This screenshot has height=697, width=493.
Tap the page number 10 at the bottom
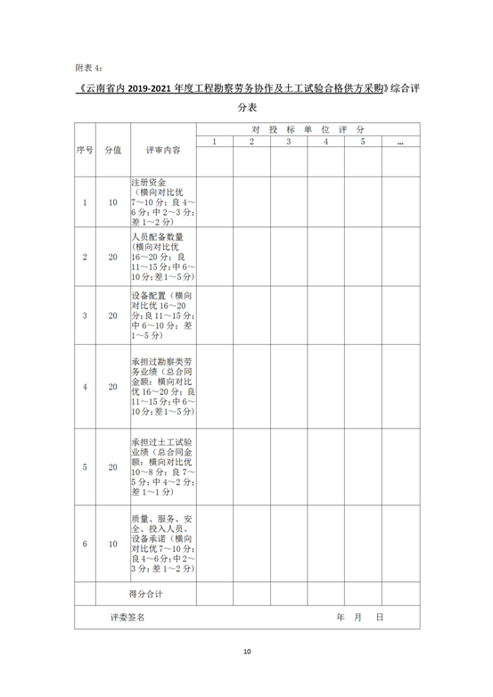pos(247,652)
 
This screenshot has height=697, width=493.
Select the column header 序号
pos(85,151)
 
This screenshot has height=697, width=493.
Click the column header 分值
pos(112,151)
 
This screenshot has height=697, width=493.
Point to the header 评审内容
pos(163,151)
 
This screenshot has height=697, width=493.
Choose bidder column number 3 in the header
pos(289,142)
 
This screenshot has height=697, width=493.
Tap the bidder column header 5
pos(363,142)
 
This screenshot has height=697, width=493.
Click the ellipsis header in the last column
pos(400,142)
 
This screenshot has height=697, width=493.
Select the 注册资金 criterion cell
pos(163,202)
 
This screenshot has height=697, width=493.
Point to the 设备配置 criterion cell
pos(163,316)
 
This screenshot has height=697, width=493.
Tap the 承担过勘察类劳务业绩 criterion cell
pos(163,387)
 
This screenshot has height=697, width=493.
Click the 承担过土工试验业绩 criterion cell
pos(163,467)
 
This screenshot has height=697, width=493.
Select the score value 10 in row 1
pos(112,202)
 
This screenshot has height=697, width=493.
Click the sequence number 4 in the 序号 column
pos(85,387)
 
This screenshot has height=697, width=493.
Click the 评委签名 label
pos(127,616)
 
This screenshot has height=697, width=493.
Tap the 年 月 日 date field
pos(359,616)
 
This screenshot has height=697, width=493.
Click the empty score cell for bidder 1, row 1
pos(215,202)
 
